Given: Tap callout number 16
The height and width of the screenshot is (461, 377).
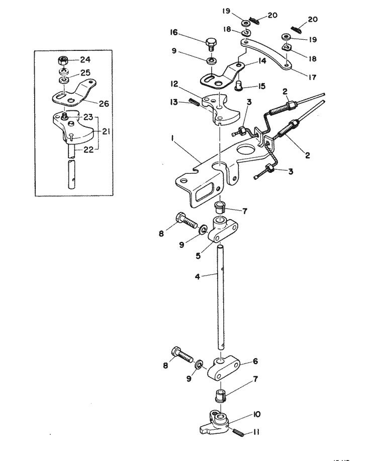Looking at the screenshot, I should coord(173,33).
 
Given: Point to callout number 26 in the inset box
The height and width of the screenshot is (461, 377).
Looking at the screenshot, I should coord(104,104).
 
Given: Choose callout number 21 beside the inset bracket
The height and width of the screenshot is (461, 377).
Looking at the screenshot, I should coord(107,131).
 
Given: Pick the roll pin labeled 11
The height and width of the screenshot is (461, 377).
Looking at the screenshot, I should coord(237,431).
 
